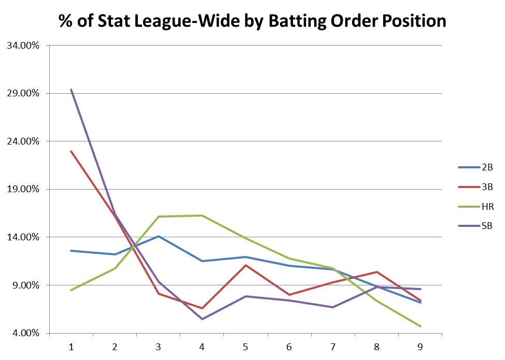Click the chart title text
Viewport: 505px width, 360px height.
252,21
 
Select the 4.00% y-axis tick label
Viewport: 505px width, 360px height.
24,333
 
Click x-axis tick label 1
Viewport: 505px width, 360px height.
71,347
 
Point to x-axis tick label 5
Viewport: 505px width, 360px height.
246,347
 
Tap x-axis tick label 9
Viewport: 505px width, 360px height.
420,347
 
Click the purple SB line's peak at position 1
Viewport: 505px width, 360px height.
71,90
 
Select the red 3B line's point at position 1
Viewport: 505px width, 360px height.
71,151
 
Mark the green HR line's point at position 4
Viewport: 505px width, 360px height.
202,215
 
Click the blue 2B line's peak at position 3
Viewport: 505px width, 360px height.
158,236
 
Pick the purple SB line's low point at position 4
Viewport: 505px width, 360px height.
202,319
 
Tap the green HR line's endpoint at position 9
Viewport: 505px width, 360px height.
420,326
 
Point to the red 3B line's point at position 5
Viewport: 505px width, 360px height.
246,265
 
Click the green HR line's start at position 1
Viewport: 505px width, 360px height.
71,290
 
